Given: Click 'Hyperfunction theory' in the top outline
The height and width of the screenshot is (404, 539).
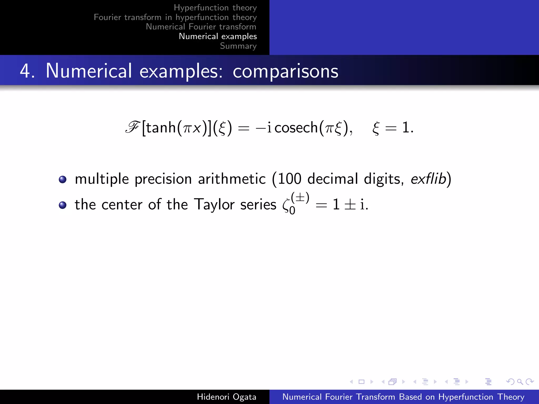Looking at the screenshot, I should point(215,8).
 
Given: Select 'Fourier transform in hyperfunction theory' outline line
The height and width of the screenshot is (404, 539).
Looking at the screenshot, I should point(175,17).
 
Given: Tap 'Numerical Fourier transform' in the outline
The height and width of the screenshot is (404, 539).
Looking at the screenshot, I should point(201,27).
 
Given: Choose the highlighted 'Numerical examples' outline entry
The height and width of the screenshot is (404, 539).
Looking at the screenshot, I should point(218,36).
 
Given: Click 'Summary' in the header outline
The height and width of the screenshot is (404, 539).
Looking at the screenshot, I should point(238,46).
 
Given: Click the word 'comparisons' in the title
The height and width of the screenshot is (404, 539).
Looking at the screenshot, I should point(285,71).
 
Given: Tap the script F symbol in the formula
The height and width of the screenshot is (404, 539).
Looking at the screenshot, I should point(132,128).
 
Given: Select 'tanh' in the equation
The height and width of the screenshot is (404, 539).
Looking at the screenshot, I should point(161,128).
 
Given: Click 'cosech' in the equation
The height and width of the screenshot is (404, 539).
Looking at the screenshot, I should point(296,128).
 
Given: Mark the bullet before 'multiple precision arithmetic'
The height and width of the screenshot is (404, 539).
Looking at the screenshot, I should point(63,179).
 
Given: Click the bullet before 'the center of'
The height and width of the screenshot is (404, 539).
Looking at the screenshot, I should point(63,205).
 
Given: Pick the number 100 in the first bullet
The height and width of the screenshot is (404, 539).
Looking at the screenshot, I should point(290,179).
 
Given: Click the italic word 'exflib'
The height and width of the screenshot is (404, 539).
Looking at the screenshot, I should point(428,179).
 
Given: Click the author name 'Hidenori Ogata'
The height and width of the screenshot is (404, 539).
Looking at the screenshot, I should point(226,397).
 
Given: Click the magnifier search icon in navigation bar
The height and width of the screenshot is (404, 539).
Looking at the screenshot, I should point(520,382).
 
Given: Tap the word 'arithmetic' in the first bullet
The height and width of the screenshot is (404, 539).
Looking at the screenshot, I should point(232,179).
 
